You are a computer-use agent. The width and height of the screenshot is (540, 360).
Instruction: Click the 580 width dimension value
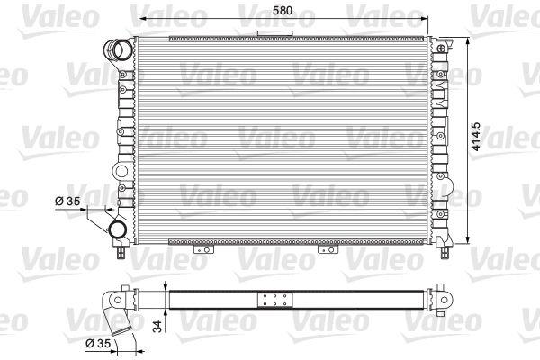pos(283,10)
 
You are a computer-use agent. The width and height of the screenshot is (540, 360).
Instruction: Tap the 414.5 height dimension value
pos(476,137)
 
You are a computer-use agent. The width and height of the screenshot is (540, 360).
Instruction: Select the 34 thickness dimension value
pos(157,326)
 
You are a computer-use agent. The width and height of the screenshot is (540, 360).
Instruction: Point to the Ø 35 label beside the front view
pos(67,201)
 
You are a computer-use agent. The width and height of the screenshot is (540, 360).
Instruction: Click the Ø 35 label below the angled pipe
pos(98,343)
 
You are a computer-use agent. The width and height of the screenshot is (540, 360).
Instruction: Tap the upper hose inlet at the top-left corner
pos(118,50)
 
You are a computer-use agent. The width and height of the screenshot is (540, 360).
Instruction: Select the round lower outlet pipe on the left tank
pos(117,230)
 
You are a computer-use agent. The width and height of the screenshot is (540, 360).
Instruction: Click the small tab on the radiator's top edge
pos(274,33)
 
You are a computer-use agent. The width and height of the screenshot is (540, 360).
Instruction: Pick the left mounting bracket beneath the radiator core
pos(204,249)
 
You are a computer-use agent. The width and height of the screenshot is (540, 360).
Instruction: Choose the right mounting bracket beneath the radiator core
pos(328,249)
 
